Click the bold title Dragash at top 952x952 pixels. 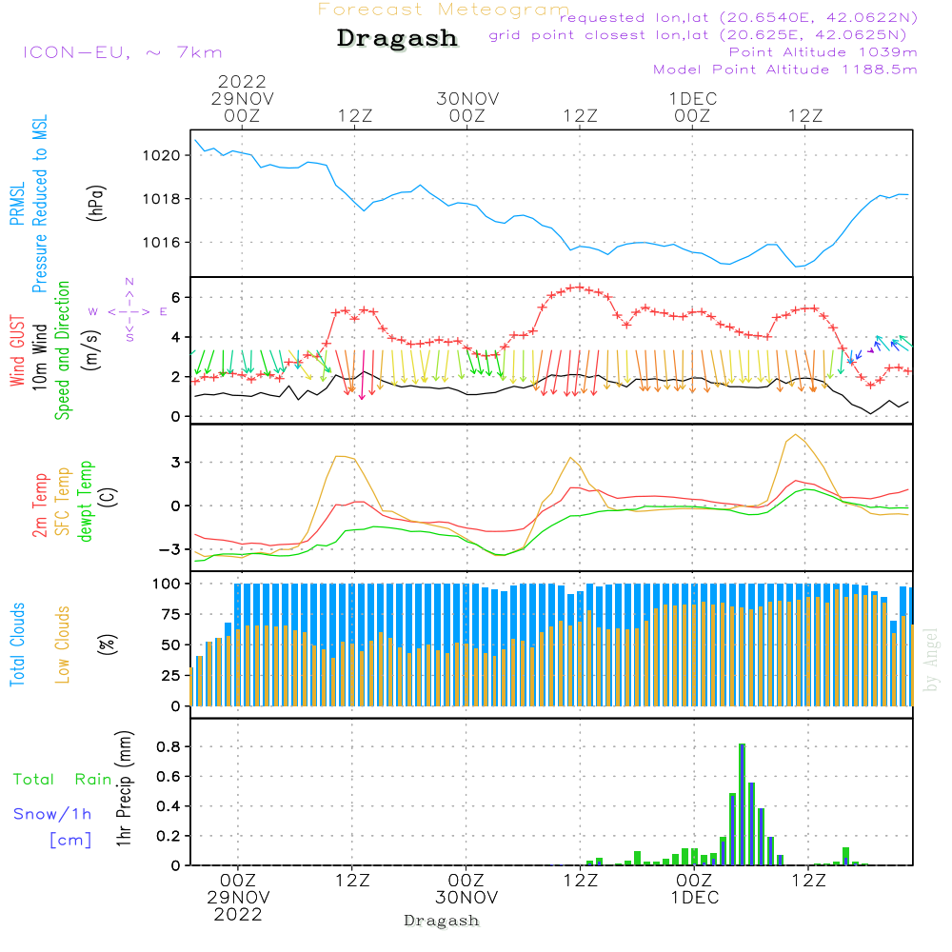point(397,38)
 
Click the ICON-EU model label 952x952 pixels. point(76,52)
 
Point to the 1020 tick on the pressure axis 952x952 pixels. point(162,155)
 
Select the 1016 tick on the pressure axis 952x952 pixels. point(162,243)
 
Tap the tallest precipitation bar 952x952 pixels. point(742,804)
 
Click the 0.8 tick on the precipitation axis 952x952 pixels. point(169,746)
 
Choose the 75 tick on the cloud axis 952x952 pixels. point(170,614)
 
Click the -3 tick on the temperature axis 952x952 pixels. point(169,549)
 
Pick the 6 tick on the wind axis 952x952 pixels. point(176,297)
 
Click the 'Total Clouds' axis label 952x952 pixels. point(17,645)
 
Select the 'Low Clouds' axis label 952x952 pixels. point(63,645)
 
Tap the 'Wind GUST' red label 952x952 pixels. point(17,350)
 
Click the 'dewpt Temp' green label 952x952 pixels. point(85,501)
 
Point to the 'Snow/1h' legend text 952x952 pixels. point(52,814)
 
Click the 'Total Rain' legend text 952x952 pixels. point(63,779)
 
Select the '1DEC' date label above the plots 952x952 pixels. point(693,98)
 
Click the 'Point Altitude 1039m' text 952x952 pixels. point(823,52)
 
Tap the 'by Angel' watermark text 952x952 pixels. point(931,660)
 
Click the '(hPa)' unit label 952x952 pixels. point(96,204)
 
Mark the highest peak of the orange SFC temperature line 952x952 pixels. point(795,435)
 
